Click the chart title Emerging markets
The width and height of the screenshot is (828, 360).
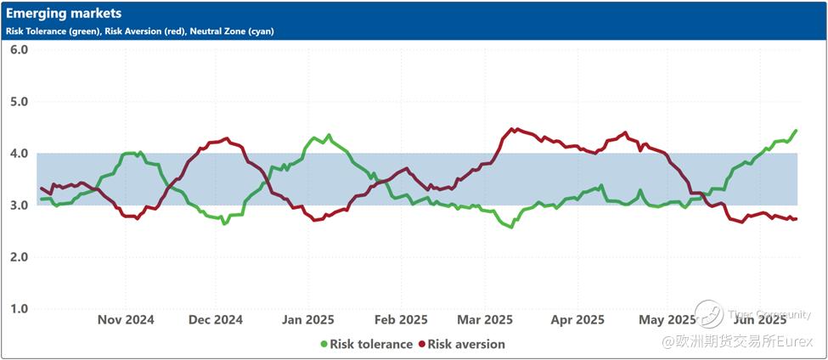64,14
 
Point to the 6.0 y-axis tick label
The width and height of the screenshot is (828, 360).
20,50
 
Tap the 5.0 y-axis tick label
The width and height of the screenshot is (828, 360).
20,102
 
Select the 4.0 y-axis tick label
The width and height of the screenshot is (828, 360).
20,154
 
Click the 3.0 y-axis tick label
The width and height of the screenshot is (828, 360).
20,205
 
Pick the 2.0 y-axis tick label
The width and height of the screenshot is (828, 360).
20,257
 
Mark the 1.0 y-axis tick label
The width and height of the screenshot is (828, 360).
20,309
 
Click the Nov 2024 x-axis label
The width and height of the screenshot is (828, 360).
126,320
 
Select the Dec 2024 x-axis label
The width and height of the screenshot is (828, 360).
215,320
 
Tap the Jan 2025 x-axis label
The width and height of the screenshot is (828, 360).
307,320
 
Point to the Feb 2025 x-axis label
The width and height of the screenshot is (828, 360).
400,320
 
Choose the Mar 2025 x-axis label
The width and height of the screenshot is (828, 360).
485,320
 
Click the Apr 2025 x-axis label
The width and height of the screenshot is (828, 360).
577,320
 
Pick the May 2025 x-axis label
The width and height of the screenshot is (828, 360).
667,320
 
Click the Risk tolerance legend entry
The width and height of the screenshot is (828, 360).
371,345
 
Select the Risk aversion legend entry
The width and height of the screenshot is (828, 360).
466,345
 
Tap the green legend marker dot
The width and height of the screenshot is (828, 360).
324,345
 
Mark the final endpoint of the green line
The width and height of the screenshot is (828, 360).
796,131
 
